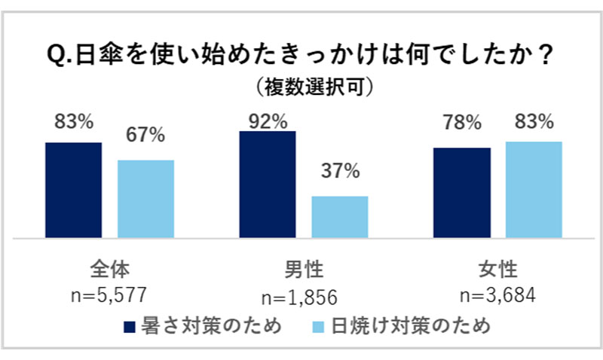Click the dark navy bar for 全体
(73, 190)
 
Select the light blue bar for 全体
(145, 199)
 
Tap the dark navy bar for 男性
(268, 185)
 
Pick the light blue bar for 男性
(340, 217)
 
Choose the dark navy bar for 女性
(462, 193)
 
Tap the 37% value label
(340, 171)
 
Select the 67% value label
(145, 135)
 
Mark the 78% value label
(462, 124)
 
